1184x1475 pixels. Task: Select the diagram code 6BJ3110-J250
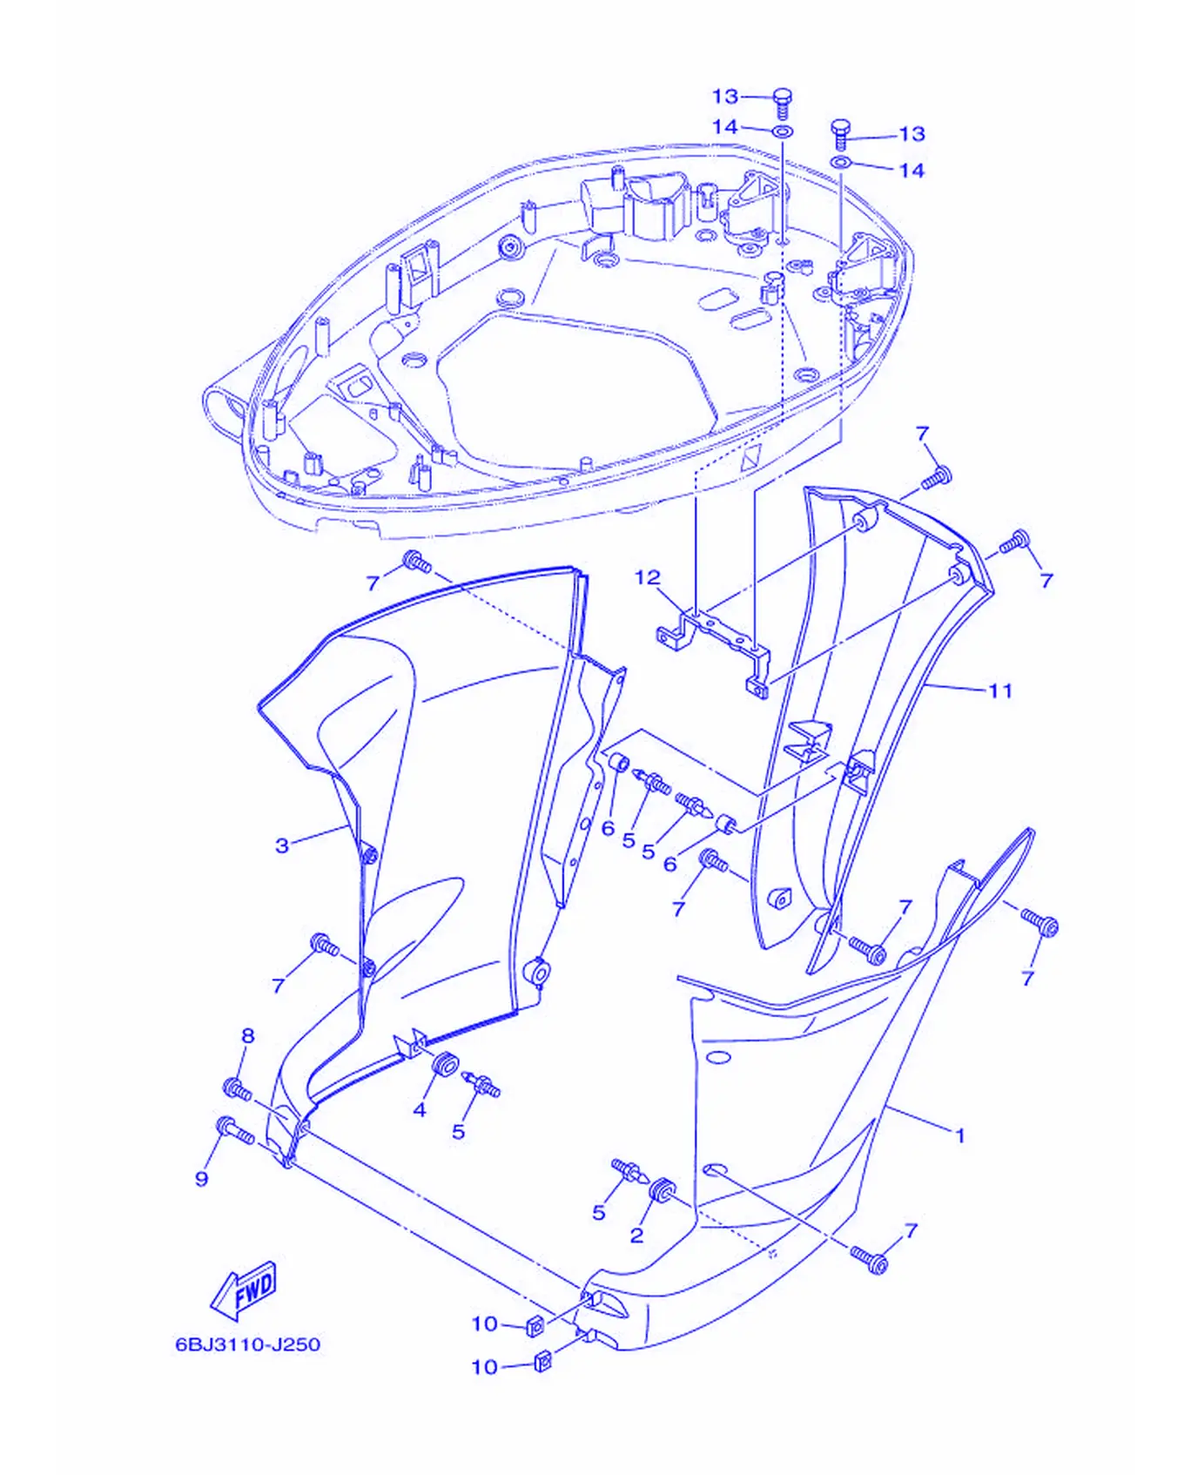pos(248,1344)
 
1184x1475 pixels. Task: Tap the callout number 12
pos(648,577)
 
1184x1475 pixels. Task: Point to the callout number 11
pos(1001,690)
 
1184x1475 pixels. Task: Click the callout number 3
pos(282,845)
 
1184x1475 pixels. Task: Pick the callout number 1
pos(960,1135)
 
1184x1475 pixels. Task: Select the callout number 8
pos(248,1035)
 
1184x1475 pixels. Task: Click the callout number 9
pos(202,1178)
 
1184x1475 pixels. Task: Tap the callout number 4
pos(420,1109)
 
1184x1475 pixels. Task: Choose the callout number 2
pos(637,1236)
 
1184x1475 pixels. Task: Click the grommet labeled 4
pos(446,1064)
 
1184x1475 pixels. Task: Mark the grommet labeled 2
pos(663,1190)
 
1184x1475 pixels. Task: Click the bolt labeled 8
pos(238,1088)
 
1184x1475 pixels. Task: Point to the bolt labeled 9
pos(235,1130)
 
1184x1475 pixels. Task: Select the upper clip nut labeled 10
pos(535,1326)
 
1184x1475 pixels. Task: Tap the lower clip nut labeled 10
pos(542,1361)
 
